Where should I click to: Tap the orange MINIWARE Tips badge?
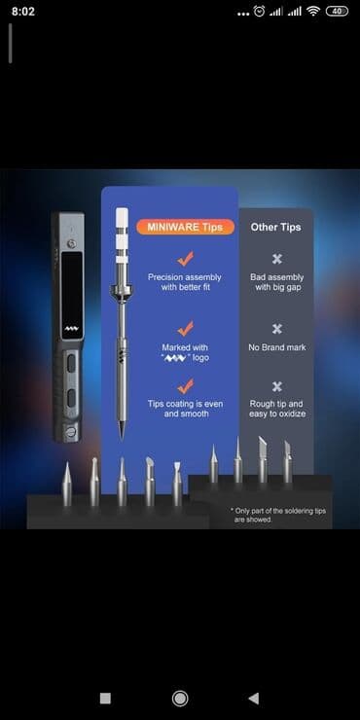[x=186, y=227]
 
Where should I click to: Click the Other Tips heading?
[x=276, y=227]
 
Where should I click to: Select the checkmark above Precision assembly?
[x=186, y=259]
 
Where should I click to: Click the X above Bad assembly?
[x=277, y=259]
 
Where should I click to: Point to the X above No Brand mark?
[x=277, y=329]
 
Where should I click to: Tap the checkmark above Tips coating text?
[x=186, y=386]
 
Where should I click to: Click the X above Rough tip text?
[x=277, y=386]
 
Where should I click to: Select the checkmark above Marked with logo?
[x=186, y=328]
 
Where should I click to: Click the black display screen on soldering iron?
[x=72, y=295]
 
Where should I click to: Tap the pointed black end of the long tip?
[x=122, y=430]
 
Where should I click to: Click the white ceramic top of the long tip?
[x=122, y=235]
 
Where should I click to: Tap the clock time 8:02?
[x=23, y=12]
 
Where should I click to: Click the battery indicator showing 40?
[x=337, y=12]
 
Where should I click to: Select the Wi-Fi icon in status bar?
[x=313, y=12]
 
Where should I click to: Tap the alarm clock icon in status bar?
[x=260, y=12]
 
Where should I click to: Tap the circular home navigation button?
[x=180, y=699]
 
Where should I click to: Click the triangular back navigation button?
[x=254, y=699]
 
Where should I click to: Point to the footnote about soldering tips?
[x=278, y=516]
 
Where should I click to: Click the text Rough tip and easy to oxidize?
[x=277, y=409]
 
